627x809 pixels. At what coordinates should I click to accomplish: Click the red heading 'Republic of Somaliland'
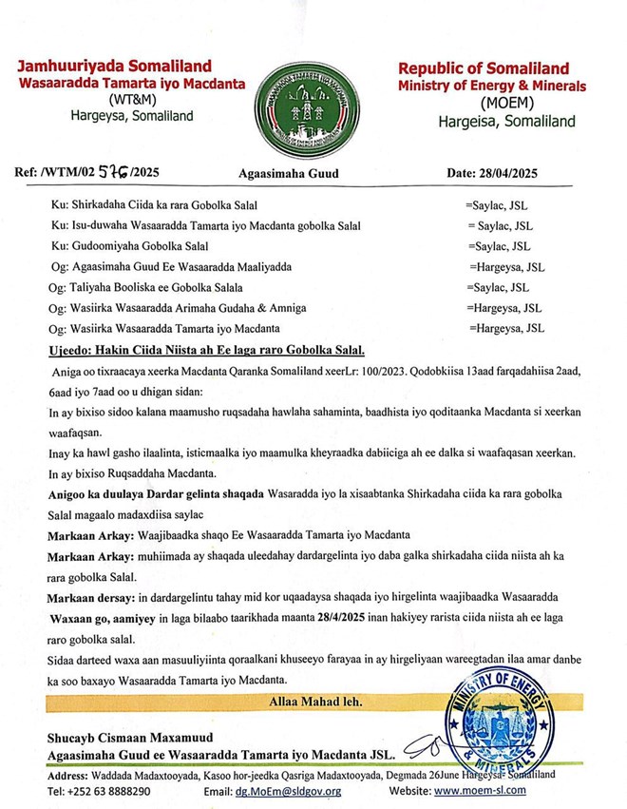484,68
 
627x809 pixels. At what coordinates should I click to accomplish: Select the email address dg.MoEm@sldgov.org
289,790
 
